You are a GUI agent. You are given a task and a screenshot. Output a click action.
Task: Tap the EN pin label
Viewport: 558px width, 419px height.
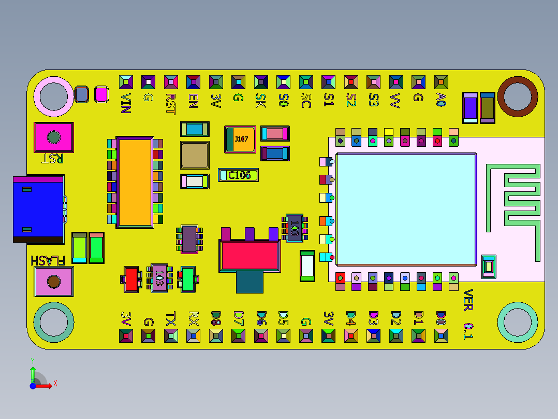193,100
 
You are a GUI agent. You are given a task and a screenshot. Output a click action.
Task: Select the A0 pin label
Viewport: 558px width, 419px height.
441,100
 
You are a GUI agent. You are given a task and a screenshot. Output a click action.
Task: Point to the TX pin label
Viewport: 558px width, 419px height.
171,318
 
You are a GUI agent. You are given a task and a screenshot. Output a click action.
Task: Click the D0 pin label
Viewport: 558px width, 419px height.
441,318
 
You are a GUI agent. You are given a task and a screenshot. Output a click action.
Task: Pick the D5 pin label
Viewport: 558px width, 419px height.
283,318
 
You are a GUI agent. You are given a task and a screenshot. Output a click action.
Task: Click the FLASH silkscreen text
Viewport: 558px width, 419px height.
48,260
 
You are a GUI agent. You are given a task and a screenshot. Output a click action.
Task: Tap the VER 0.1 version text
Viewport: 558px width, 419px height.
468,314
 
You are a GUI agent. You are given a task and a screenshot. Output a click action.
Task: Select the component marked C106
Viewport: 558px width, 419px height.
238,175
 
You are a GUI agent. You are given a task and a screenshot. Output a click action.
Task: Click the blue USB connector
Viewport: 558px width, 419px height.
38,209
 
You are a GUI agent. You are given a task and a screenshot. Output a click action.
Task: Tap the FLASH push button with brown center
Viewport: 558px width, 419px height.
54,282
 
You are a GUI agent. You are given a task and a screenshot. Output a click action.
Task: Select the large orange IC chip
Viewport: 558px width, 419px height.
135,181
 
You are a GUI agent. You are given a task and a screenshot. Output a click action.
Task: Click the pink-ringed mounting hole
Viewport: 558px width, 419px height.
54,96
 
